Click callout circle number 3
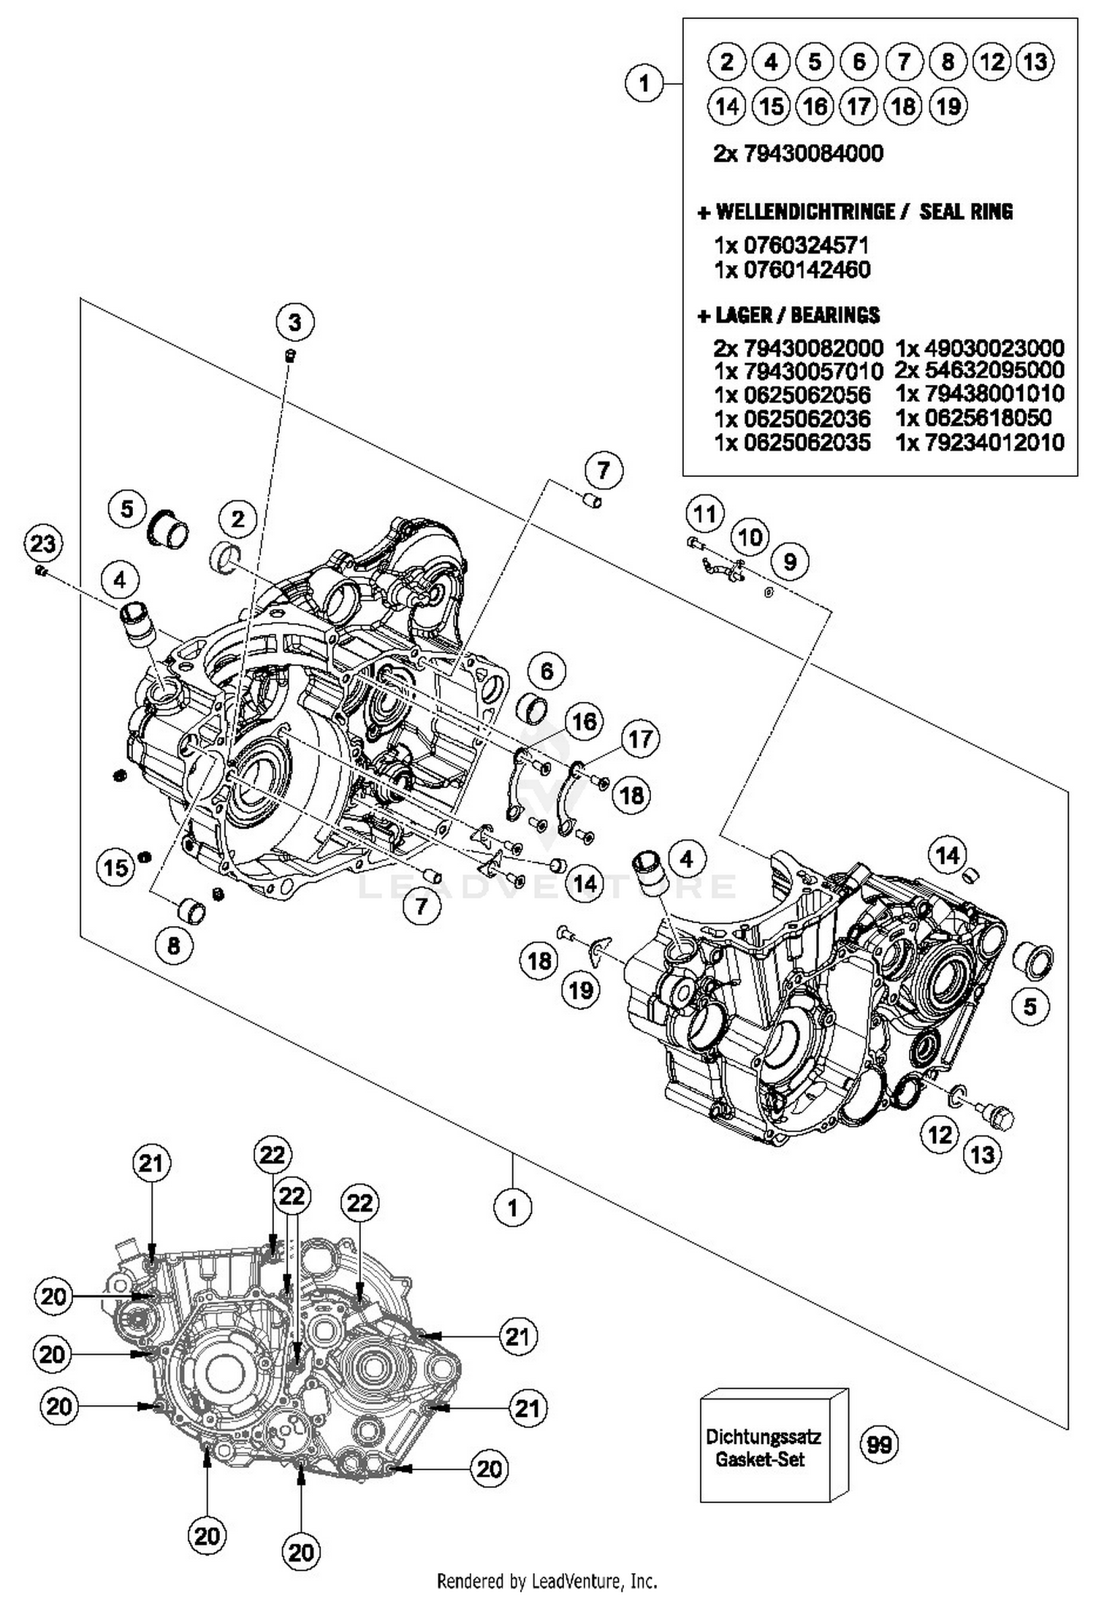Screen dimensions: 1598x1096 (294, 322)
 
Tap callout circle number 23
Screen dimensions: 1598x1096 (42, 544)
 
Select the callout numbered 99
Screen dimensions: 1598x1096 (878, 1445)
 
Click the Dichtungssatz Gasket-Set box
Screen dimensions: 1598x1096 (764, 1448)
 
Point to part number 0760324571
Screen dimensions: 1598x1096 (805, 245)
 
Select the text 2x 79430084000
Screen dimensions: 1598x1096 (798, 153)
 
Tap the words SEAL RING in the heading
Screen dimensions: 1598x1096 (966, 212)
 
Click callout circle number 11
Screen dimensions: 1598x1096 (704, 514)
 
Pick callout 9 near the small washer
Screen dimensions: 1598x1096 (790, 562)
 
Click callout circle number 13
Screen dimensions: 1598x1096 (982, 1155)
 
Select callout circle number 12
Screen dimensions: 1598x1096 (940, 1134)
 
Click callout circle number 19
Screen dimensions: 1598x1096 (581, 990)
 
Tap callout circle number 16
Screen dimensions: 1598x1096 (584, 722)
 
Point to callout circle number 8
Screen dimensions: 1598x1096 (174, 946)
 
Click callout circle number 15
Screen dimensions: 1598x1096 (115, 868)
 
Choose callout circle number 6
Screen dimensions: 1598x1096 (547, 670)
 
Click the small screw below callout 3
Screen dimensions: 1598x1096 (289, 356)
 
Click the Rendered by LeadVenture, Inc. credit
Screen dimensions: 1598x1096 (547, 1582)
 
